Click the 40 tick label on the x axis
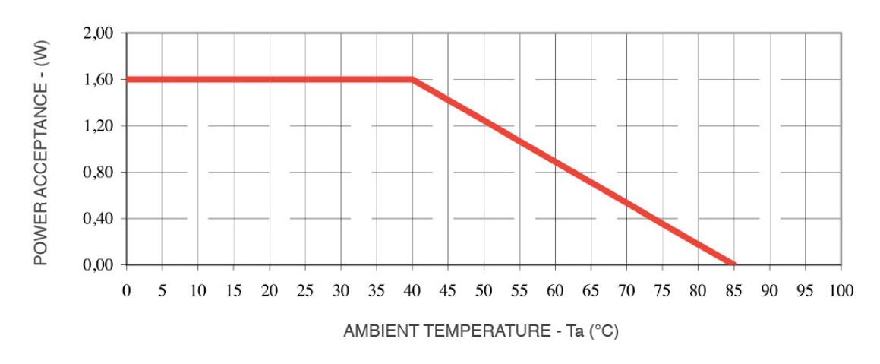[x=412, y=291]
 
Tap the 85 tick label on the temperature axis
[x=734, y=291]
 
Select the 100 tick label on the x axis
[x=841, y=291]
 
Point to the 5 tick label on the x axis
[x=162, y=291]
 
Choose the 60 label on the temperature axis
[x=555, y=291]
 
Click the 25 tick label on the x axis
[x=304, y=291]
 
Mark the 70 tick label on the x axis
[x=626, y=291]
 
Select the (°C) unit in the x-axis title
[x=604, y=332]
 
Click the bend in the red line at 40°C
[x=412, y=79]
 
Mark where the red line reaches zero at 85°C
[x=733, y=264]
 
